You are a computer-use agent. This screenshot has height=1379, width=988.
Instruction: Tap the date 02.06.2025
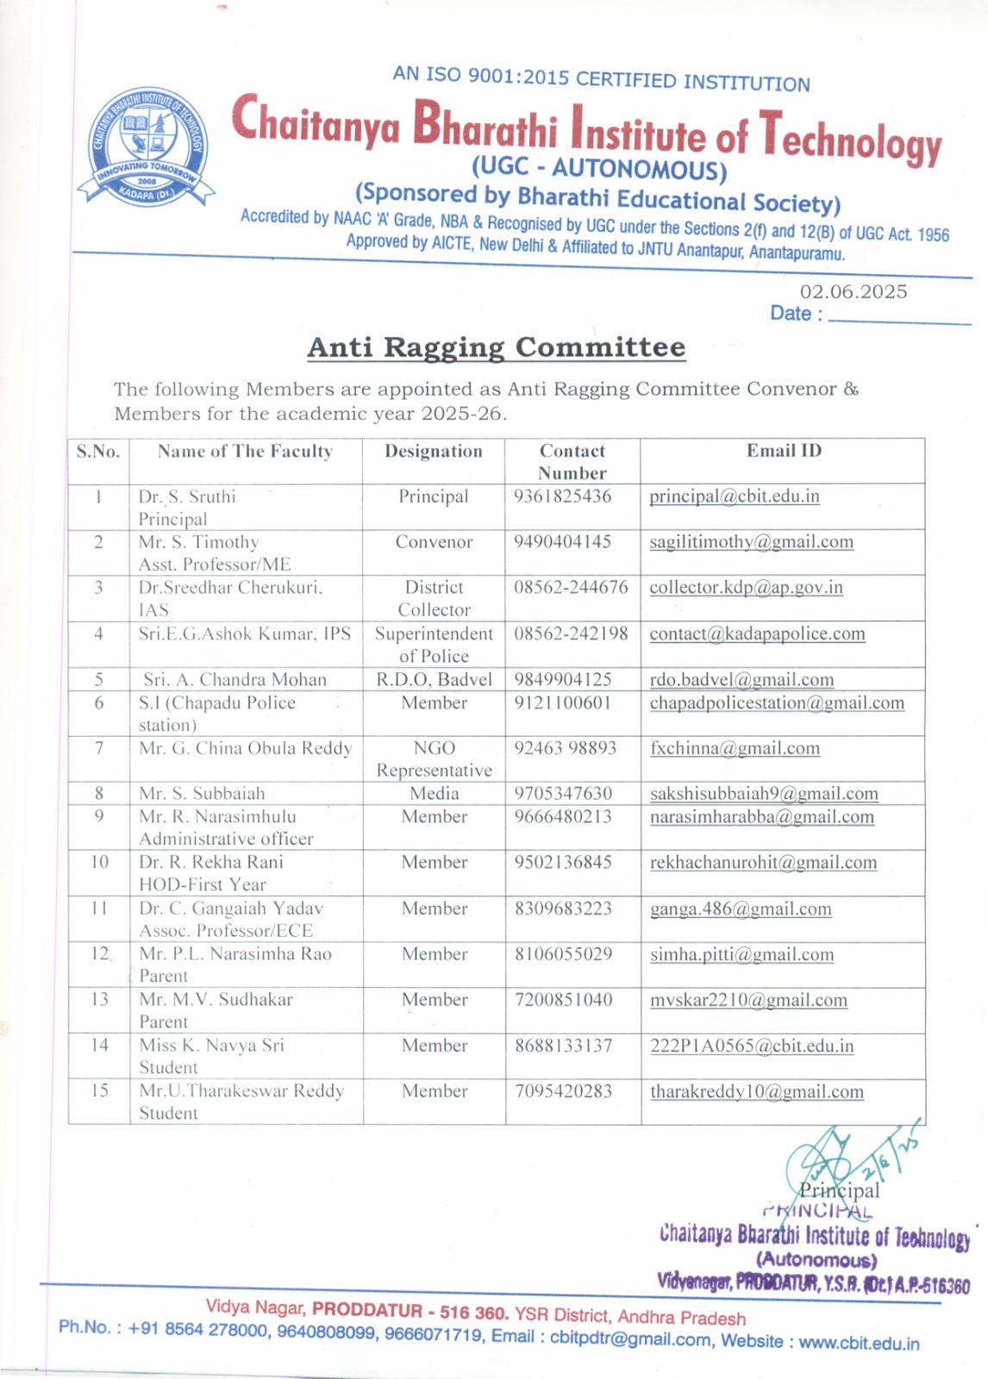point(853,292)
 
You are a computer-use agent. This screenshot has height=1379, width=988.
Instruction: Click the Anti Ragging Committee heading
point(497,347)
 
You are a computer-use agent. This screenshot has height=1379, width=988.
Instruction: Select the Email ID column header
point(784,451)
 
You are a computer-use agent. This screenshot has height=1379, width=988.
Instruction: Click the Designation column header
point(434,451)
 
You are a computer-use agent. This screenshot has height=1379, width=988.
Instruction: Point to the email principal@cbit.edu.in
point(734,496)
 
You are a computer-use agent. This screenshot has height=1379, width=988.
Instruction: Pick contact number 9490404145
point(562,542)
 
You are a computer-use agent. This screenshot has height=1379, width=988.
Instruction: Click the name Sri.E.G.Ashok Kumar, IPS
point(245,633)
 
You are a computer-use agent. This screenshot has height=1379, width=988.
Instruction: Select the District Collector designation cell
point(434,598)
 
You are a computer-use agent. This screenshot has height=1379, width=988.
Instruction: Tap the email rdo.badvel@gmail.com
point(741,680)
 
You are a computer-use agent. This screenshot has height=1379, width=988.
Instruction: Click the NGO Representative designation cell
point(434,758)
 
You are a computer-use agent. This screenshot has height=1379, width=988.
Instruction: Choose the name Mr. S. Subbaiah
point(202,793)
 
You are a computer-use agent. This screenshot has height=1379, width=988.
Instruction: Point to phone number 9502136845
point(562,862)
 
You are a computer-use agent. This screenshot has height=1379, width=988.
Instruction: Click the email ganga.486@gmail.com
point(741,908)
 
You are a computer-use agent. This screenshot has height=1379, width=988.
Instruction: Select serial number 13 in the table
point(100,999)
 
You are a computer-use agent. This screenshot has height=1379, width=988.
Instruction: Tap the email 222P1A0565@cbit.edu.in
point(752,1045)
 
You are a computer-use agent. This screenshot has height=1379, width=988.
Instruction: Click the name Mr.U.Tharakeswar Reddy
point(241,1091)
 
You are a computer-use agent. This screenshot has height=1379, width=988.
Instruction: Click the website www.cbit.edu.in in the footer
point(859,1343)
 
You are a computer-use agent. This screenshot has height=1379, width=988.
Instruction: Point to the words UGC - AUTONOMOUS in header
point(599,168)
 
